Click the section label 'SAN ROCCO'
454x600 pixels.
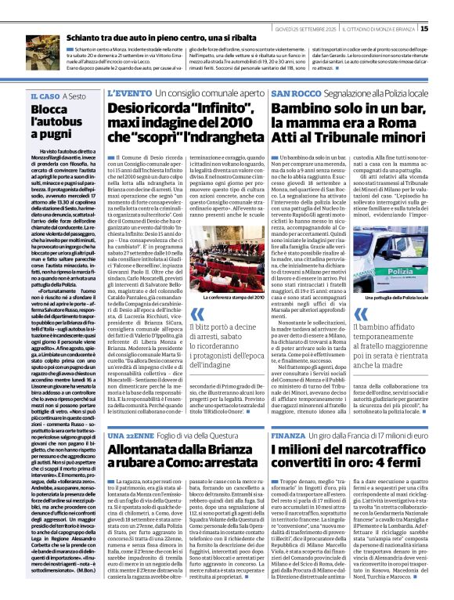(x=294, y=94)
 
